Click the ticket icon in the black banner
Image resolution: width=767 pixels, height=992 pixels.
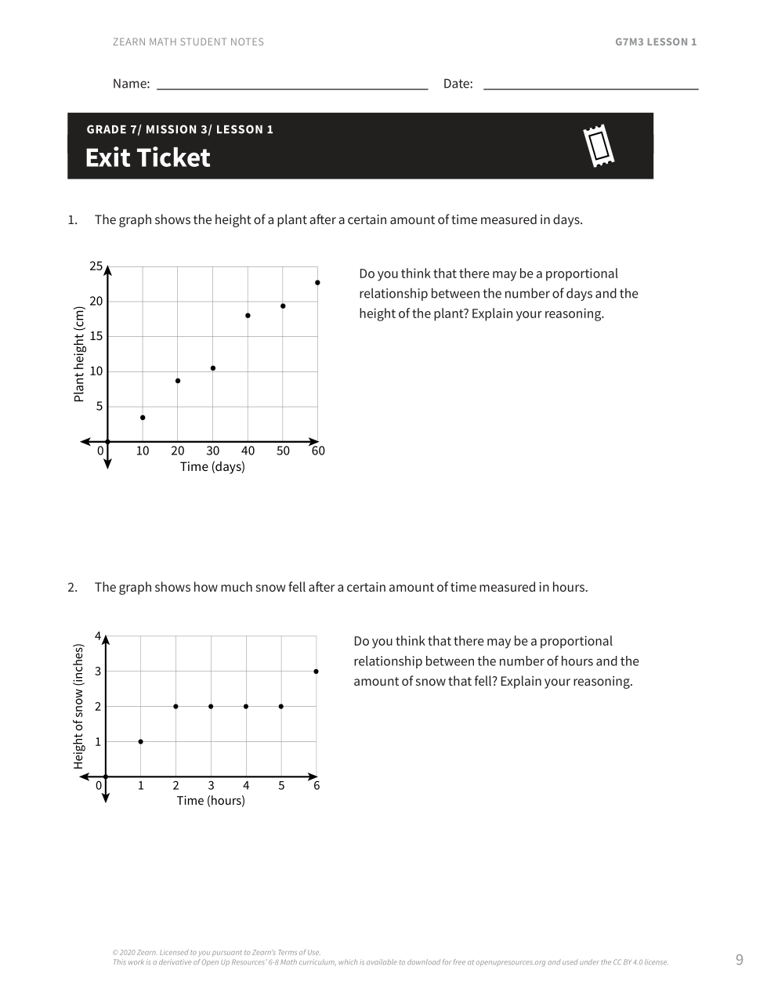pos(599,146)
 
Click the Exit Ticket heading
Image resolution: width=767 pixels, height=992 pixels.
pos(147,157)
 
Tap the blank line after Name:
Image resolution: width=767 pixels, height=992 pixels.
pos(292,85)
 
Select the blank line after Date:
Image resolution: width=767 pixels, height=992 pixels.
pos(590,85)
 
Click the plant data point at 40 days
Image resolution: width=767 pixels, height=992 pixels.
pos(248,316)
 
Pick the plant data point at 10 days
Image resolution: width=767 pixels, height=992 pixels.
pos(143,418)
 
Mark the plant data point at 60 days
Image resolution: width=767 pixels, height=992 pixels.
pos(317,283)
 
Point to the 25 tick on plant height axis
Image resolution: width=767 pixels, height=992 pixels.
pos(96,266)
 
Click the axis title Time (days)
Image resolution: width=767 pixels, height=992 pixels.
pos(212,467)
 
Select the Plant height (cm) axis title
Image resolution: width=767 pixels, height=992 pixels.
pos(78,354)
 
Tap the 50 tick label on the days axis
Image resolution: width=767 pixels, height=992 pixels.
pos(283,451)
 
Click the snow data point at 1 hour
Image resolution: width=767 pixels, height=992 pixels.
pos(141,741)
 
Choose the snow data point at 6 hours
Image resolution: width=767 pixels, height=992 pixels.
pos(316,672)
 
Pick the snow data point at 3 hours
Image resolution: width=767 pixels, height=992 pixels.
pos(211,707)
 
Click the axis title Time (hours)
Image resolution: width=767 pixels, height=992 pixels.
pos(211,801)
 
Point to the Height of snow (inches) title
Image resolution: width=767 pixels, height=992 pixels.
pos(78,707)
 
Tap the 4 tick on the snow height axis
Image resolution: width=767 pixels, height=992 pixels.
pos(98,635)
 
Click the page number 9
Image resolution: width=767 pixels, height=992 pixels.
pos(739,960)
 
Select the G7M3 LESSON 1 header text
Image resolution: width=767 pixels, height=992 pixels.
pos(656,42)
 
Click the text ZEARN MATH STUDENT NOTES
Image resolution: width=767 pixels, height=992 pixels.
pos(188,42)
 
